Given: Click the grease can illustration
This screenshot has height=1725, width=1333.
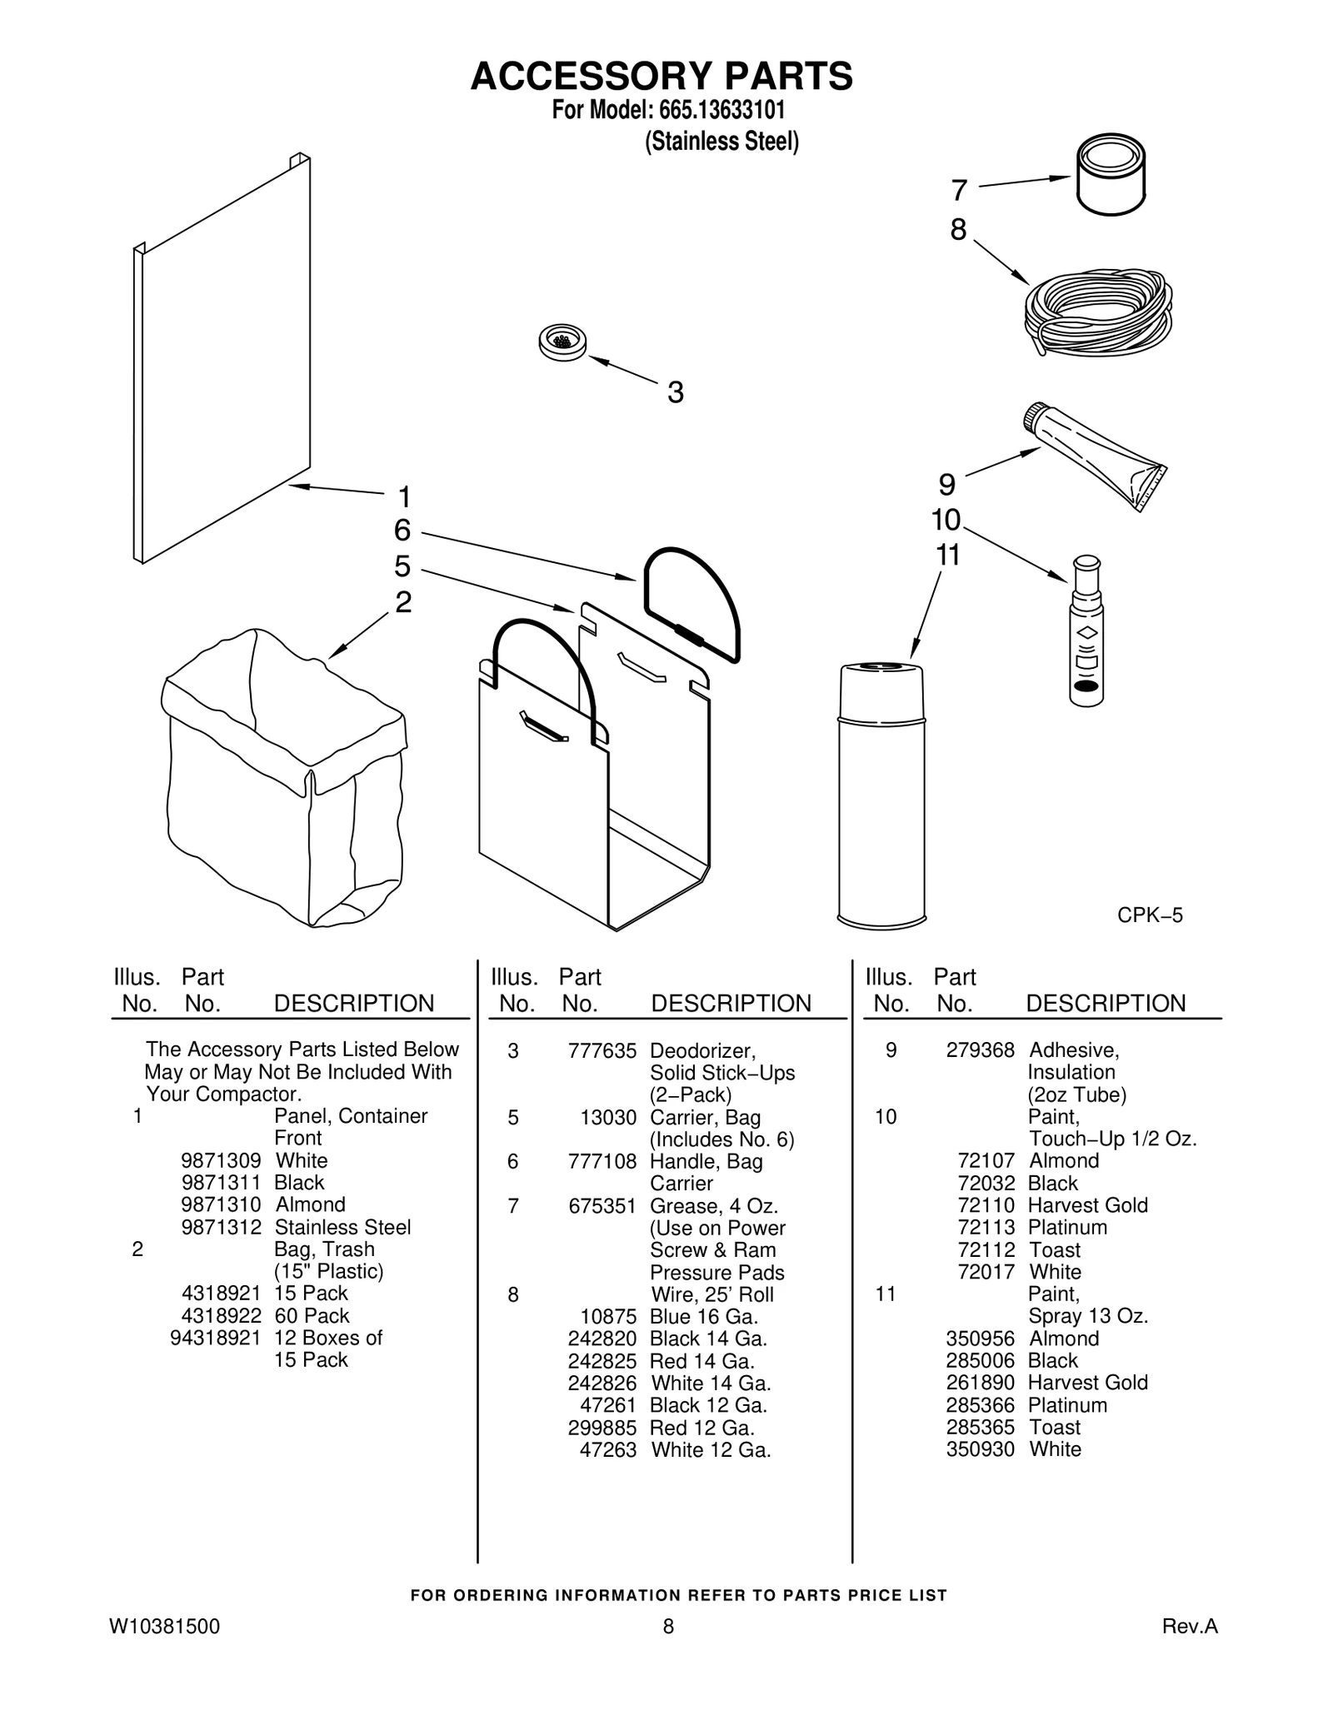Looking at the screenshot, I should (x=1110, y=177).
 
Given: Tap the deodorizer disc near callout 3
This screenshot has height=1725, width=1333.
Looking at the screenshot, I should (x=562, y=342).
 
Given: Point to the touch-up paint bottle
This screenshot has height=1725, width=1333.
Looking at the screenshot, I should (x=1086, y=633).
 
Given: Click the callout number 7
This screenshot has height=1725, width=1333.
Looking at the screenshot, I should (x=959, y=191).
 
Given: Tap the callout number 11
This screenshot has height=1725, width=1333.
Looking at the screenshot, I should (x=948, y=555).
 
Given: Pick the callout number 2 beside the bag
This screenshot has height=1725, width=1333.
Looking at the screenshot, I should (x=403, y=601).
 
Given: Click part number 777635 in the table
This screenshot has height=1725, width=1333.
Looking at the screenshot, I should (x=602, y=1051).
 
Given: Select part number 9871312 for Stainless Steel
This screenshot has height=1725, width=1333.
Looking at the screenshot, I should (x=221, y=1227).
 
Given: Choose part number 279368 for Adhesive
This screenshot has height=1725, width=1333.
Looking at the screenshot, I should (x=980, y=1050).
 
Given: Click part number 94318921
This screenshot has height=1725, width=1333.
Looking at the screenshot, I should (x=215, y=1338).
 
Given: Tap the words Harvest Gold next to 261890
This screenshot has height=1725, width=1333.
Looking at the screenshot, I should (x=1087, y=1383).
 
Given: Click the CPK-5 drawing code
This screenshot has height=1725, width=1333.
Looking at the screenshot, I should (x=1149, y=915).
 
